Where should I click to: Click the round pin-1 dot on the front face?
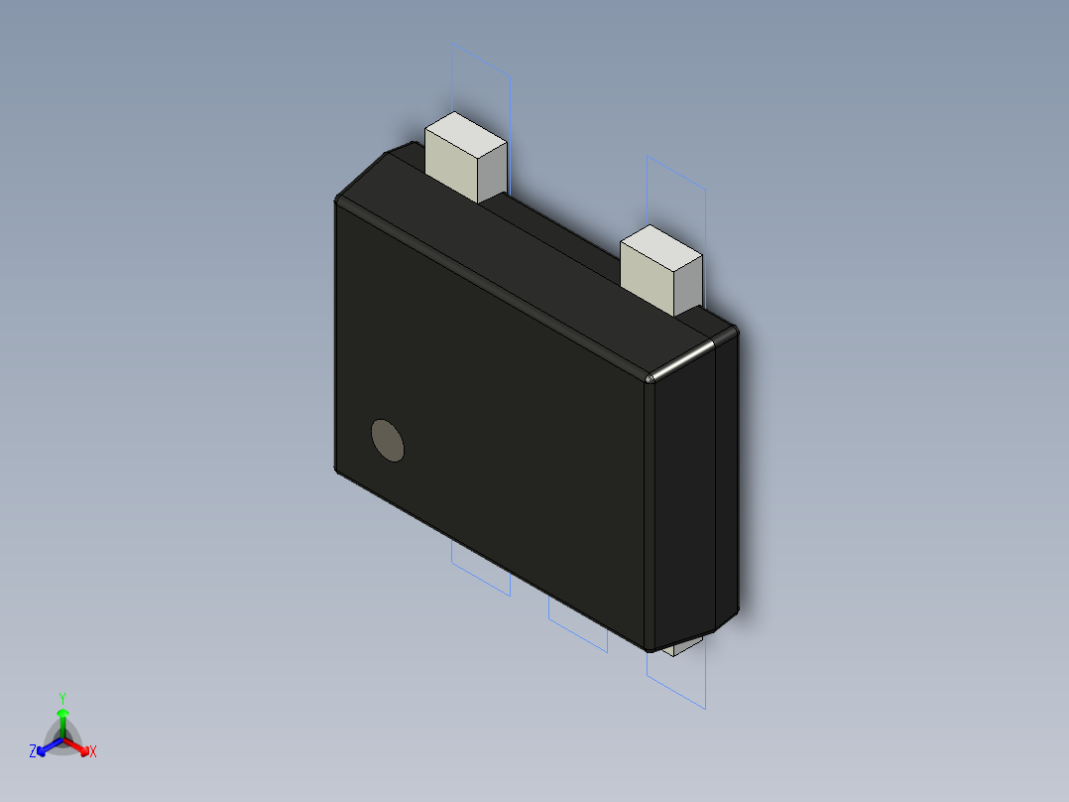coord(388,440)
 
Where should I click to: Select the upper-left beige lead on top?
coord(464,161)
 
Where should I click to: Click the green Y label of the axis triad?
coord(61,698)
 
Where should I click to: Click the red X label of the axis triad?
coord(93,752)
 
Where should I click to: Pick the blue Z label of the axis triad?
coord(33,752)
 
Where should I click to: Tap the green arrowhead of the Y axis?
coord(62,714)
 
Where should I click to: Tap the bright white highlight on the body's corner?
coord(680,359)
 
